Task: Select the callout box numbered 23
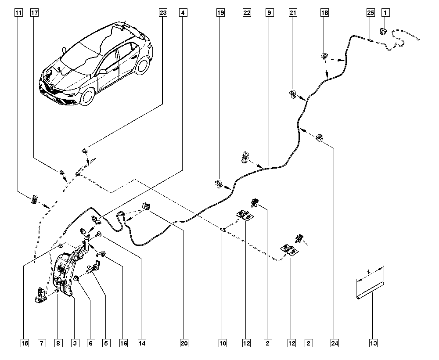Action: coord(163,13)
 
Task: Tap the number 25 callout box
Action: coord(371,13)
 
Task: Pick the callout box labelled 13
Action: coord(373,343)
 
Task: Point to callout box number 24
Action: coord(335,343)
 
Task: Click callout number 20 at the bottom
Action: coord(184,343)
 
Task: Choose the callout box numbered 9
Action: coord(269,13)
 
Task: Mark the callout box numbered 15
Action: coord(25,343)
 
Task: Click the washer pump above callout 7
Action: coord(41,296)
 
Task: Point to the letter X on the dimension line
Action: coord(369,272)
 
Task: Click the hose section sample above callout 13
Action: coord(370,291)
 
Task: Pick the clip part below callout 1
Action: coord(383,31)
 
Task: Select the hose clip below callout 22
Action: coord(245,157)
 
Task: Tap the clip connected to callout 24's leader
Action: coord(319,137)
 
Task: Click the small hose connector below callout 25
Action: coord(370,40)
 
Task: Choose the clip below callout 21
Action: coord(292,94)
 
